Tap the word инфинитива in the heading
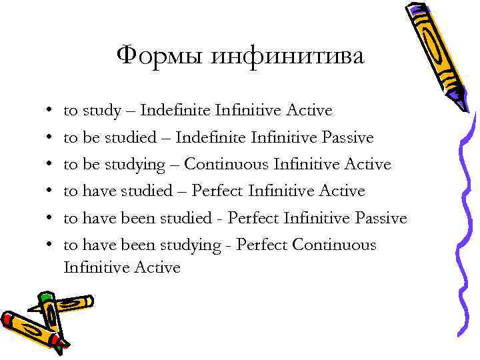[x=287, y=57]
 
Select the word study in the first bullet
[x=99, y=110]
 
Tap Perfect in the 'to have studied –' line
[x=217, y=191]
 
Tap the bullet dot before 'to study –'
[x=51, y=111]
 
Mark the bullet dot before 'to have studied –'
[x=51, y=192]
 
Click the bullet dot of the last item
[x=51, y=246]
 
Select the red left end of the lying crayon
[x=8, y=319]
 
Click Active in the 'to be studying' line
[x=368, y=164]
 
